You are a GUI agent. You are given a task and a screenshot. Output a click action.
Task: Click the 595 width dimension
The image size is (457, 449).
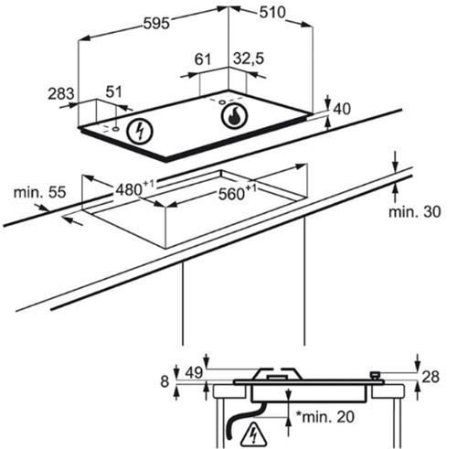156,23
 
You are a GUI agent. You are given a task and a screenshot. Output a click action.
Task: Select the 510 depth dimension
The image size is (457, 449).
272,13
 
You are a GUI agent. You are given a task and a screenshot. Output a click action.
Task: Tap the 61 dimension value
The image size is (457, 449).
203,59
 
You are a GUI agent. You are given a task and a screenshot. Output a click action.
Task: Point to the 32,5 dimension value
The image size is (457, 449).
249,59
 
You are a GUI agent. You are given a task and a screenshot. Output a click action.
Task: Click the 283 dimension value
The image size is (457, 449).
61,93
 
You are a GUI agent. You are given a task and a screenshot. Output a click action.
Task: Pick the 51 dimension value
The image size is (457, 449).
113,91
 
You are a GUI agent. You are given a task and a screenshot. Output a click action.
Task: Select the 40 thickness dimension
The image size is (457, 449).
342,109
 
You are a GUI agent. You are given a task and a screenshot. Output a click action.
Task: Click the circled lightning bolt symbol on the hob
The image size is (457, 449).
140,131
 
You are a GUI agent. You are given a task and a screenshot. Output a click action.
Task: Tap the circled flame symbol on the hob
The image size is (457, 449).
235,116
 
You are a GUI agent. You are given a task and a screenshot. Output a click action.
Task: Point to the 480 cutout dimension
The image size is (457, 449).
135,188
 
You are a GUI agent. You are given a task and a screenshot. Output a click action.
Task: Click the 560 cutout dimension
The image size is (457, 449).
238,193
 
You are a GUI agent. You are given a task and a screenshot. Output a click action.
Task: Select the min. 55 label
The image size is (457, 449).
39,193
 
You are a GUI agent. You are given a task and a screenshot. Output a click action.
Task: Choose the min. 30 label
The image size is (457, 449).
414,212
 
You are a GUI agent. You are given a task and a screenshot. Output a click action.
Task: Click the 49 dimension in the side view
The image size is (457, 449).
194,373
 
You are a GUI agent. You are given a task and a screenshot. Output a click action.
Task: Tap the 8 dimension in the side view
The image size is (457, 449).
165,381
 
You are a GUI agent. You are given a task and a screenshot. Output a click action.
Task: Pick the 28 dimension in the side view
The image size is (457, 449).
430,377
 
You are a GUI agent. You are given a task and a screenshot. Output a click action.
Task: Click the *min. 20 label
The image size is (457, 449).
325,417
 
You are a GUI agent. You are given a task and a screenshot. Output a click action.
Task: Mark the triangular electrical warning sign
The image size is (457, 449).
253,433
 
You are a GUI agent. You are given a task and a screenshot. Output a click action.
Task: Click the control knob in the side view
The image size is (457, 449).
376,376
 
